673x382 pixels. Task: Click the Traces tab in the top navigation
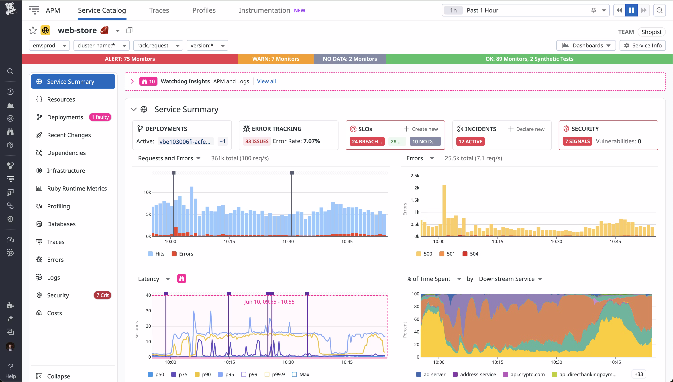click(x=159, y=10)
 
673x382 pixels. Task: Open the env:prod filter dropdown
click(x=49, y=45)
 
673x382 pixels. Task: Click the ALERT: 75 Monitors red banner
click(x=130, y=59)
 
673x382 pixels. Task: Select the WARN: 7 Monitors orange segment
click(x=275, y=59)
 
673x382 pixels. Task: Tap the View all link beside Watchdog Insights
click(x=266, y=81)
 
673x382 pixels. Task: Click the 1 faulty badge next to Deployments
click(x=100, y=117)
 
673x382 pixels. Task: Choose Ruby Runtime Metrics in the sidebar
click(x=77, y=188)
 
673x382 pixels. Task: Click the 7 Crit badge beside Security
click(x=102, y=295)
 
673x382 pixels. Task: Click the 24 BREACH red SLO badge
click(x=367, y=141)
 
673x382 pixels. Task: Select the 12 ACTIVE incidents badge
click(x=470, y=141)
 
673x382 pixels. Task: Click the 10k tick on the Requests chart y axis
click(x=147, y=192)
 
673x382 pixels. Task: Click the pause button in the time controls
click(x=631, y=10)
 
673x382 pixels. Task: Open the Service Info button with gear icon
click(x=642, y=45)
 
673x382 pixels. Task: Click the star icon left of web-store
click(x=33, y=30)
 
